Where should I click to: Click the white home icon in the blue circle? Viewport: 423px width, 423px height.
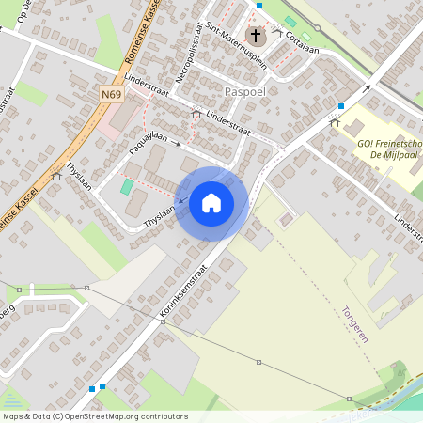click(211, 202)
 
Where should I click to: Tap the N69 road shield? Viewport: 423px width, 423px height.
click(112, 94)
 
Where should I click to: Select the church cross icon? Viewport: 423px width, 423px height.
click(255, 36)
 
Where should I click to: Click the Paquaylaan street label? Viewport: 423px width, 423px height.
click(148, 142)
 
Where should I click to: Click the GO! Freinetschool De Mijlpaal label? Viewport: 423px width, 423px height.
click(387, 149)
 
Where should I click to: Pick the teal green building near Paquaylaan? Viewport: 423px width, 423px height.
click(127, 186)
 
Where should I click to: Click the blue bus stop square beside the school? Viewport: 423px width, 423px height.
click(341, 106)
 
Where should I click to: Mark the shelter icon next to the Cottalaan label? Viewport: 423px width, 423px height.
click(276, 34)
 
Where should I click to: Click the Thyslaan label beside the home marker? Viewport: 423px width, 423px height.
click(160, 220)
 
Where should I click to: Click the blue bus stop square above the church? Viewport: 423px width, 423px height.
click(258, 6)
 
